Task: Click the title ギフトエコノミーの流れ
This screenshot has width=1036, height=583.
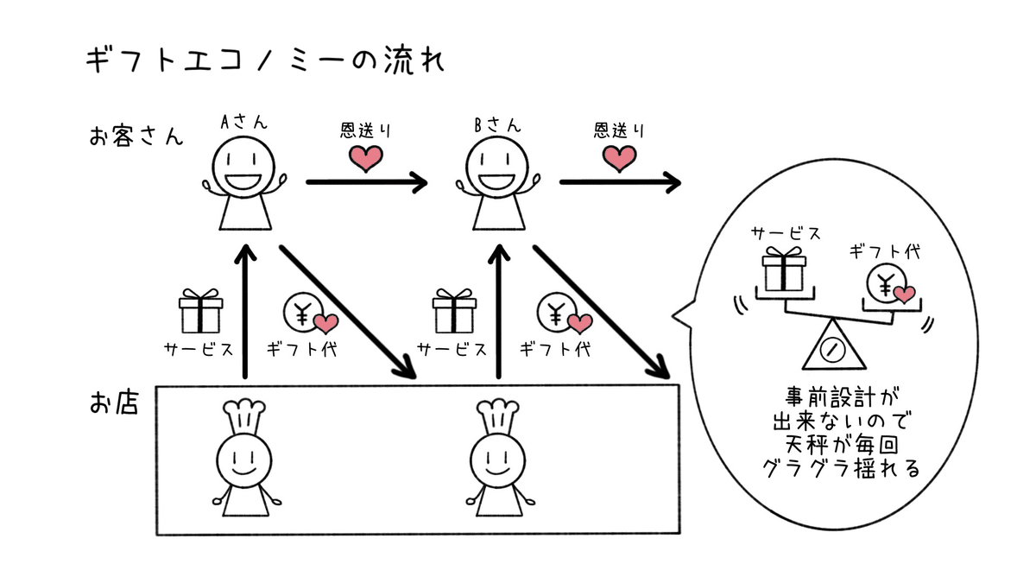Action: [264, 62]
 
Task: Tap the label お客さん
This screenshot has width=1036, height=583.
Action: [136, 136]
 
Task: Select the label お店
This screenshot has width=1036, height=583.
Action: [114, 403]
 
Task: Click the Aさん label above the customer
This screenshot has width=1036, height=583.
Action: [244, 124]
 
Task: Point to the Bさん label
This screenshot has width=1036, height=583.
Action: [498, 124]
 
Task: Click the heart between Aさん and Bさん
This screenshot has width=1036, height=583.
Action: [365, 157]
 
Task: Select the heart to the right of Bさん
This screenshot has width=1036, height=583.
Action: [618, 157]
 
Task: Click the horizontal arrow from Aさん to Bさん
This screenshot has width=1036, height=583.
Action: [367, 182]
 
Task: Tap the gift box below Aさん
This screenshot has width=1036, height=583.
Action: [200, 312]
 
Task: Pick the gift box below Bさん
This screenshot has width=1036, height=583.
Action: [454, 312]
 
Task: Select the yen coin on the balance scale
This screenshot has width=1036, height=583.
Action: [888, 283]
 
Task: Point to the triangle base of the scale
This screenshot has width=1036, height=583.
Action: [831, 348]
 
